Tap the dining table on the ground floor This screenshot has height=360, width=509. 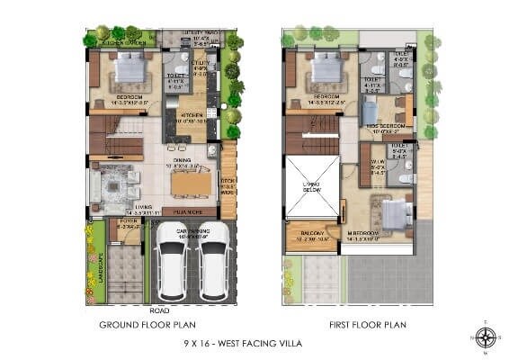(190, 184)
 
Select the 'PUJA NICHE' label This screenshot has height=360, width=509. (190, 211)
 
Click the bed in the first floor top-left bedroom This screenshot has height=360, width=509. (326, 68)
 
